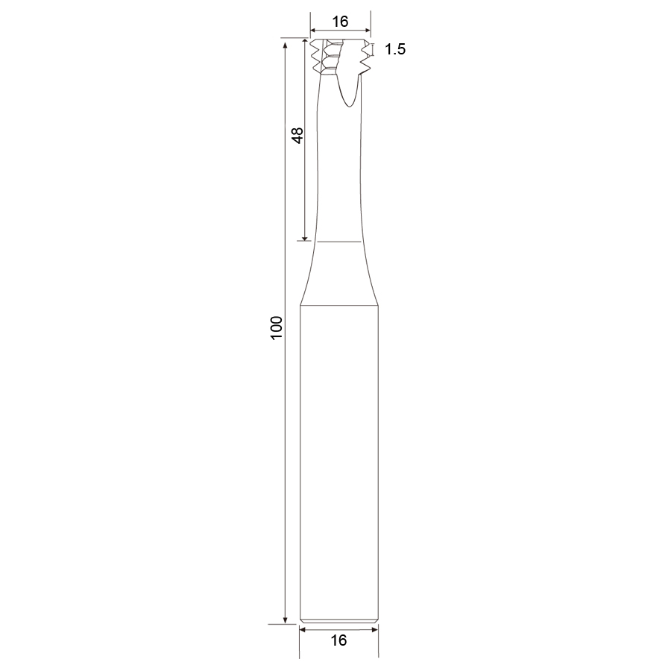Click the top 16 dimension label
coord(340,22)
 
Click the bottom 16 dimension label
coord(338,640)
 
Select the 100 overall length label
coord(277,328)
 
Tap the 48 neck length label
coord(297,135)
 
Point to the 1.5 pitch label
coord(395,49)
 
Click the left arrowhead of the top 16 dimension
coord(313,31)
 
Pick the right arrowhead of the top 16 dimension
coord(368,31)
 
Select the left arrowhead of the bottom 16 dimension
coord(303,629)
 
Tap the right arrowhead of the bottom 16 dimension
coord(375,629)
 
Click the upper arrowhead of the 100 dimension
coord(285,45)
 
